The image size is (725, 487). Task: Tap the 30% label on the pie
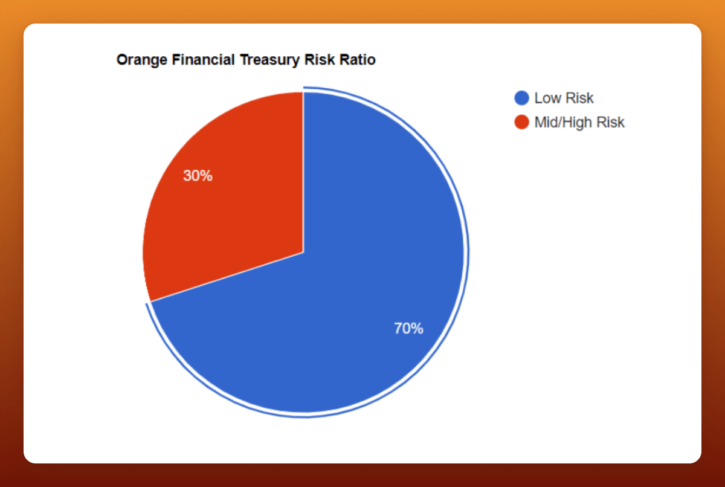click(x=198, y=176)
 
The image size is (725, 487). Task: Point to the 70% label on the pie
click(x=408, y=328)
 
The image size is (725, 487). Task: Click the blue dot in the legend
click(x=522, y=98)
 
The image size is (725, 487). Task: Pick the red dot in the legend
click(x=522, y=122)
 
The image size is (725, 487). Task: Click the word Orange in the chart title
click(x=142, y=60)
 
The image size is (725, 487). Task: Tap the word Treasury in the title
click(x=270, y=60)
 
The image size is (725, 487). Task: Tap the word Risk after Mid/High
click(x=610, y=122)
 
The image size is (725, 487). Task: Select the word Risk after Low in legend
click(x=580, y=98)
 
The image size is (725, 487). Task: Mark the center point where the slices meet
click(x=303, y=252)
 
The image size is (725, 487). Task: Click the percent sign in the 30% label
click(x=207, y=176)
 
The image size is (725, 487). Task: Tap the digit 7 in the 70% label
click(x=398, y=328)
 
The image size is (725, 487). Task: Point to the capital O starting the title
click(x=121, y=60)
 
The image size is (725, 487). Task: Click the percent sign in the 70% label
click(x=417, y=329)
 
